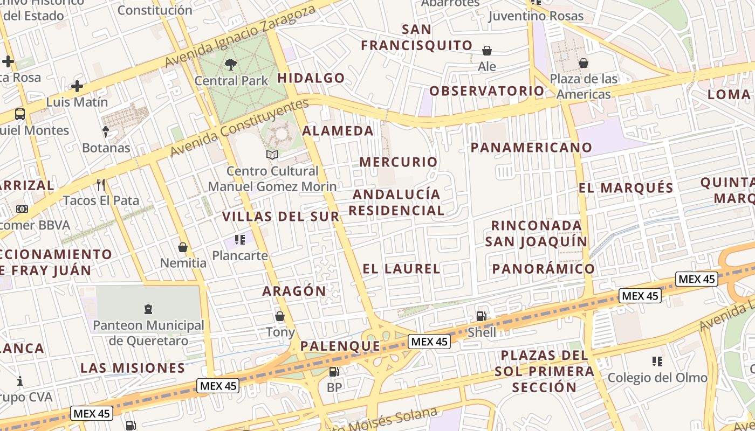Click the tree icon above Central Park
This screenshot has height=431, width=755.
pos(231,65)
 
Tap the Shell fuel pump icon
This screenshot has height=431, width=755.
pos(481,316)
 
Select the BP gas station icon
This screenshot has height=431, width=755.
pos(334,371)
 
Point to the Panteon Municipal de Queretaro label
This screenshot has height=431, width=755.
pos(148,333)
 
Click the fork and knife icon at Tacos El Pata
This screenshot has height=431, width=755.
pos(101,185)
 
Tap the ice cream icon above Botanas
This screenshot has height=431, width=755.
pos(106,131)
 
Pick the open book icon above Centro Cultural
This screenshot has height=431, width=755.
pos(272,155)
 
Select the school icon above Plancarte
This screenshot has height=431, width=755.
pos(240,239)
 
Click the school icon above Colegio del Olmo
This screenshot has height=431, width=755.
pos(657,361)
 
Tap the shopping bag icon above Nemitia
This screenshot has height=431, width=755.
pos(183,247)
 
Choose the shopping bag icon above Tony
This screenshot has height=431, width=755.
pos(280,316)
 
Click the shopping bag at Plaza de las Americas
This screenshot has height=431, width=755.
pos(583,64)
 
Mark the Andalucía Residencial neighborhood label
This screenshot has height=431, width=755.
pos(396,202)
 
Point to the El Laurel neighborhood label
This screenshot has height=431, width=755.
pos(401,269)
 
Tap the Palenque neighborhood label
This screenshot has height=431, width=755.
pos(340,346)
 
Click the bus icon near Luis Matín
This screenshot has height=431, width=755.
pos(20,114)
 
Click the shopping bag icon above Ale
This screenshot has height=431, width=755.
pos(487,51)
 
